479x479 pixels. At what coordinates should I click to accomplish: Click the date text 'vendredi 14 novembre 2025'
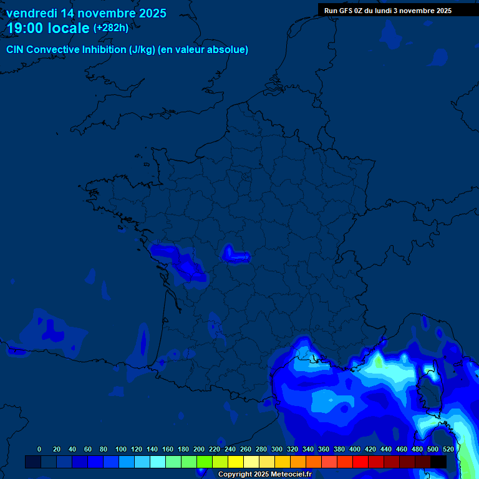(86, 13)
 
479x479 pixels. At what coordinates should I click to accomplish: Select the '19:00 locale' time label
(49, 28)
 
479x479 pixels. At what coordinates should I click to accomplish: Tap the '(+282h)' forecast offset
(111, 28)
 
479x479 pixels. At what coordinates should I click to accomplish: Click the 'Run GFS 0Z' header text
(344, 11)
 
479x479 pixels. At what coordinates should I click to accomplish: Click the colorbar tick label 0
(39, 449)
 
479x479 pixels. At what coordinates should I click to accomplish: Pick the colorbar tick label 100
(121, 449)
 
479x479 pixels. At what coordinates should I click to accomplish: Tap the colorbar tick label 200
(199, 449)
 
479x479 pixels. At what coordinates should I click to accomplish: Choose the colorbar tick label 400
(355, 449)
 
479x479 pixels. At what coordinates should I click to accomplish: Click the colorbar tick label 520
(448, 449)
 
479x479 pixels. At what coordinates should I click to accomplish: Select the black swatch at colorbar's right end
(438, 462)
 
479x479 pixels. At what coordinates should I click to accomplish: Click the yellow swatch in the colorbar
(236, 462)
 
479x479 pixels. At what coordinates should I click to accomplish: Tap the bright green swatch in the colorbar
(205, 462)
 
